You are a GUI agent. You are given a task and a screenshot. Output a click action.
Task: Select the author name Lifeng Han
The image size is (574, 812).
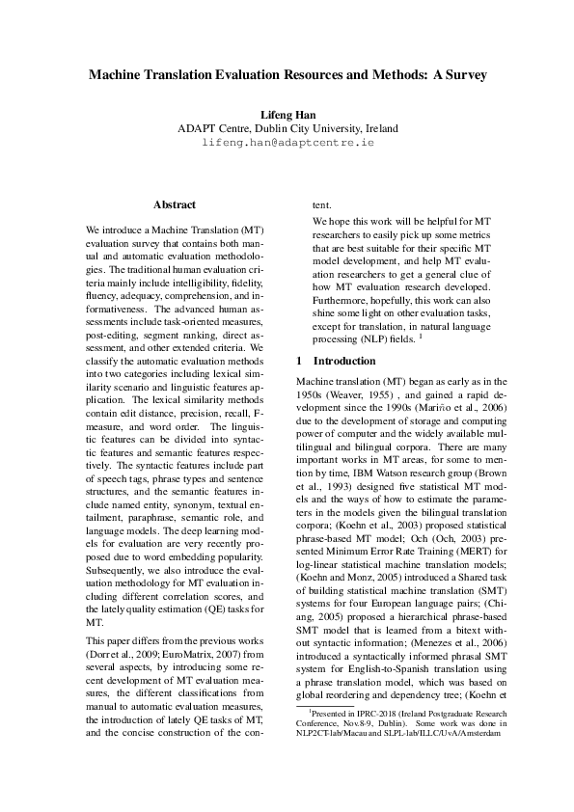(x=287, y=115)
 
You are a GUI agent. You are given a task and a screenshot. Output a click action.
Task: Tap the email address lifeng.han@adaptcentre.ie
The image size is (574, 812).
(x=287, y=142)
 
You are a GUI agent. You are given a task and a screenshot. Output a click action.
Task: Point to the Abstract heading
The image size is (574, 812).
(x=175, y=204)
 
